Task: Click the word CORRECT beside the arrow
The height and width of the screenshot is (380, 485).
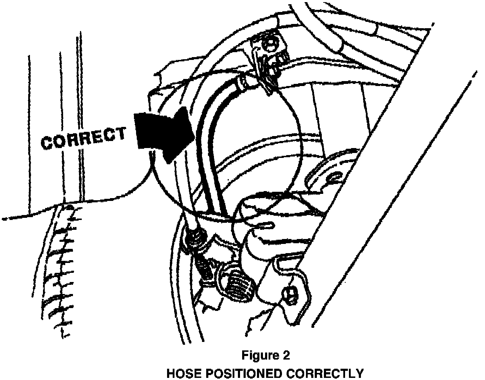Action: tap(84, 137)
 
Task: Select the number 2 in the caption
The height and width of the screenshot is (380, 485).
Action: tap(286, 355)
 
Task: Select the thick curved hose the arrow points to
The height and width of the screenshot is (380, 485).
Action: tap(208, 141)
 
